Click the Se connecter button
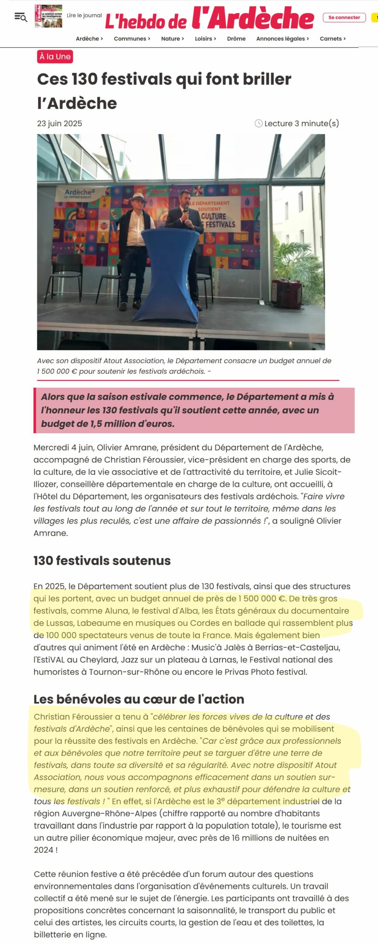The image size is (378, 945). pyautogui.click(x=344, y=17)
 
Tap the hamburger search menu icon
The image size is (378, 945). pyautogui.click(x=21, y=17)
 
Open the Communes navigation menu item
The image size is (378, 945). pyautogui.click(x=132, y=39)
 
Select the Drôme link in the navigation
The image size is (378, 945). pyautogui.click(x=236, y=39)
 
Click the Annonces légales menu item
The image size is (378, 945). pyautogui.click(x=282, y=39)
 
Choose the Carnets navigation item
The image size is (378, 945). pyautogui.click(x=333, y=39)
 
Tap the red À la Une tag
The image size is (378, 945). pyautogui.click(x=55, y=57)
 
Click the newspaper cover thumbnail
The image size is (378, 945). pyautogui.click(x=48, y=16)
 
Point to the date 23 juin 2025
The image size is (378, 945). pyautogui.click(x=59, y=124)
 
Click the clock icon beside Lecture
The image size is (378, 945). pyautogui.click(x=259, y=123)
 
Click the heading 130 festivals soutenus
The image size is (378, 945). pyautogui.click(x=102, y=561)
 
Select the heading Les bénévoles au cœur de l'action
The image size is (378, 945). pyautogui.click(x=139, y=699)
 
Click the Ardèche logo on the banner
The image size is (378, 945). pyautogui.click(x=79, y=193)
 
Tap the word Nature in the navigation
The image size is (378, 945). pyautogui.click(x=171, y=39)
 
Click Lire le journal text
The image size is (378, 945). pyautogui.click(x=84, y=16)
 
